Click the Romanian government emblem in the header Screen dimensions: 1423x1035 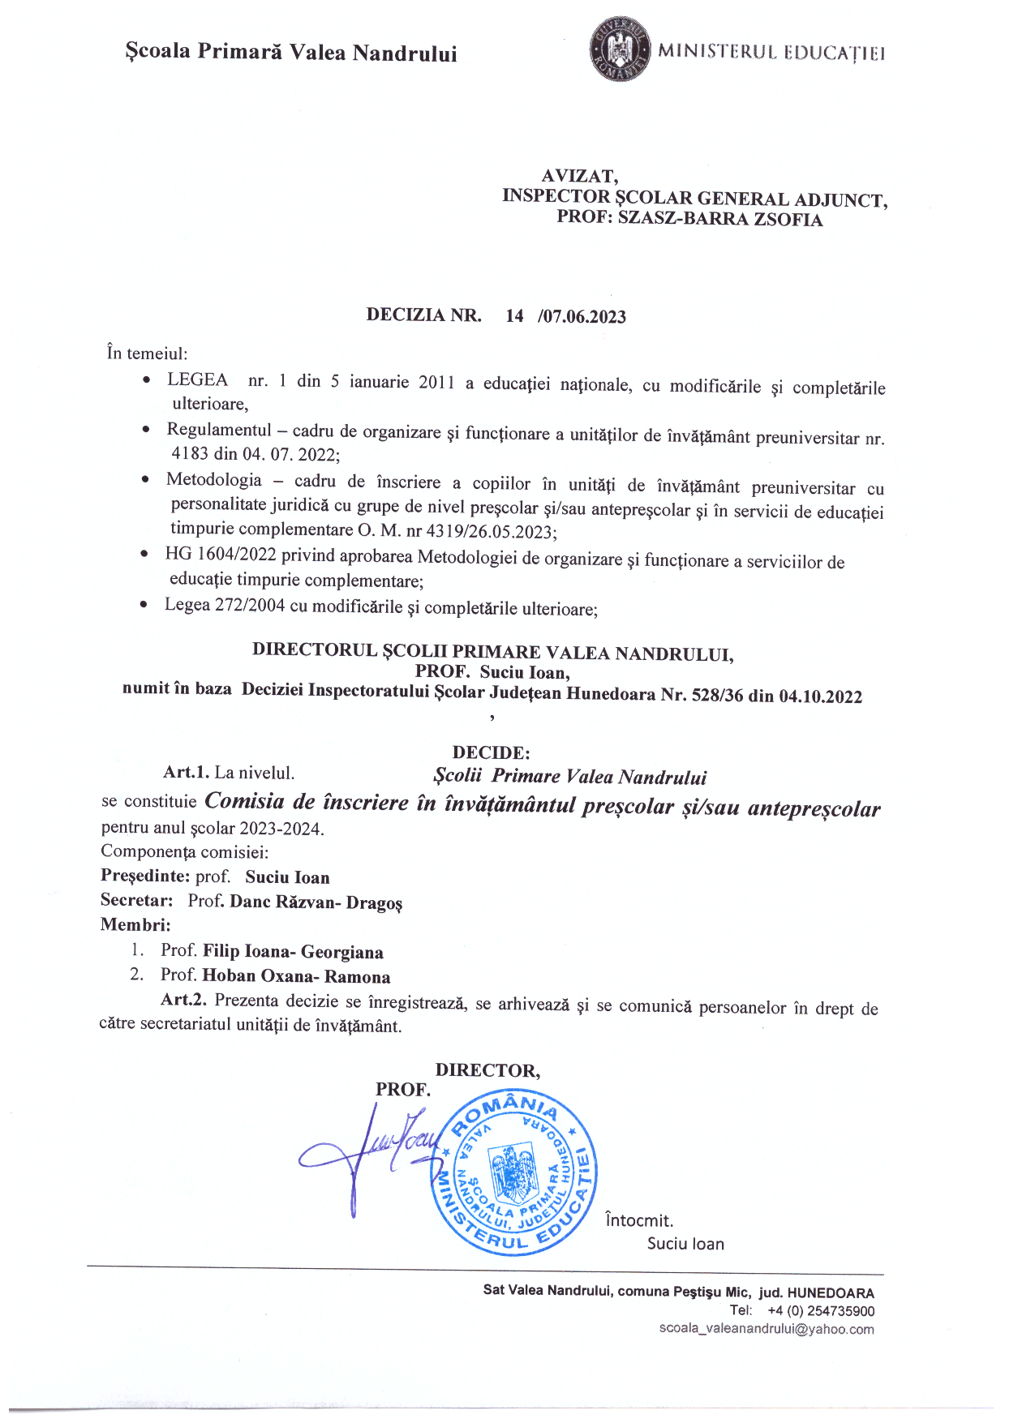[x=621, y=49]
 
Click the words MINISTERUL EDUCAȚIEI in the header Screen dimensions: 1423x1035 [x=771, y=53]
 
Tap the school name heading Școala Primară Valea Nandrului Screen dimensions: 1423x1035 [x=291, y=53]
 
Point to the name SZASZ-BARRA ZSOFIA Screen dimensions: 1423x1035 [x=719, y=220]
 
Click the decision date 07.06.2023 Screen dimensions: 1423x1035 [x=584, y=316]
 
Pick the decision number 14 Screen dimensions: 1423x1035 [x=514, y=315]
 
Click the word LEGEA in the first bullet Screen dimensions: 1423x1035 [x=197, y=379]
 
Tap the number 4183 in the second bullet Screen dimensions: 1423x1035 [x=191, y=453]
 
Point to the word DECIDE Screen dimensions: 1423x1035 [x=491, y=752]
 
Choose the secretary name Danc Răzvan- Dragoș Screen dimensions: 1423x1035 [x=316, y=902]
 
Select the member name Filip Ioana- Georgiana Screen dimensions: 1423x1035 [x=293, y=951]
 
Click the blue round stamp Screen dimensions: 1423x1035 [x=513, y=1173]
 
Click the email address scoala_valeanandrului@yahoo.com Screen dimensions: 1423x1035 [x=766, y=1329]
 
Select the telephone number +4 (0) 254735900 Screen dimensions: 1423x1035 [x=820, y=1310]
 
